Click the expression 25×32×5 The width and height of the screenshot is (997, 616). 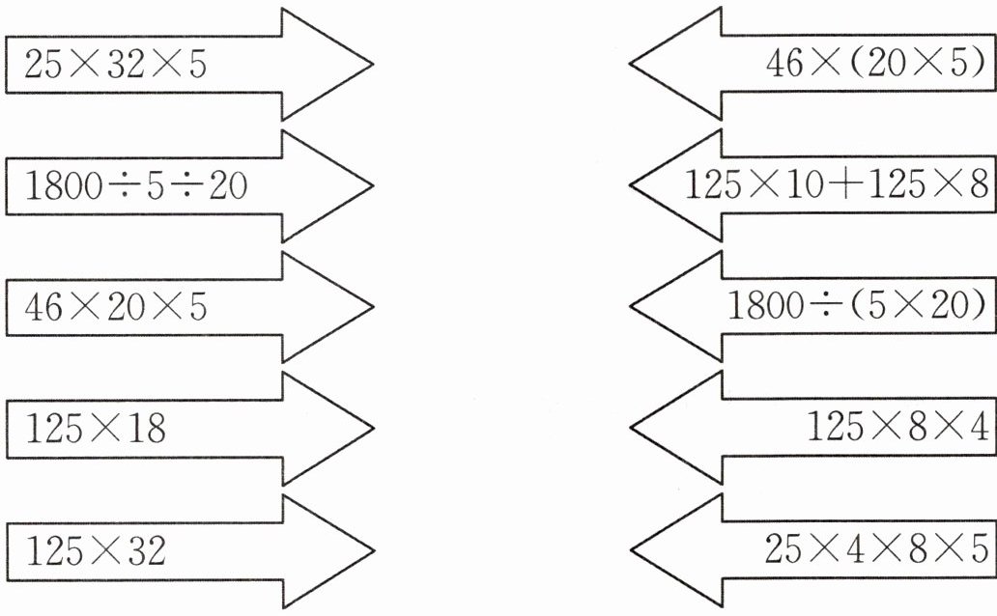[x=115, y=65]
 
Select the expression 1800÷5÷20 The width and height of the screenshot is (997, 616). [x=136, y=185]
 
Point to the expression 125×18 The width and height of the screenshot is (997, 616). [x=95, y=428]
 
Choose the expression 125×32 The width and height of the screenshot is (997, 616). [x=95, y=551]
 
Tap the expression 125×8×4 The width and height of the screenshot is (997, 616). [x=896, y=428]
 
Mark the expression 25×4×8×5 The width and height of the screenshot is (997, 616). [x=874, y=550]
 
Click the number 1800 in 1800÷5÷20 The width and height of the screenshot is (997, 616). [x=62, y=185]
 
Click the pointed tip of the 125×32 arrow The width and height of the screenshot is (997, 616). [x=372, y=550]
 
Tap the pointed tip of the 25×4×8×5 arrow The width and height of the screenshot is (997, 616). [x=632, y=550]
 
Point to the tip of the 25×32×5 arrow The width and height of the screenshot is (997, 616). [x=372, y=65]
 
